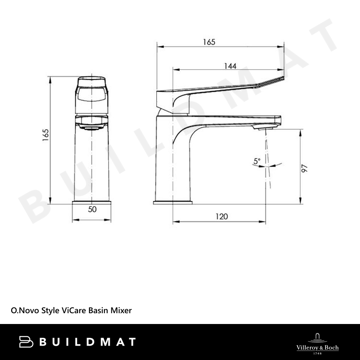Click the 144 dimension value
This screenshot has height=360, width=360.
coord(230,66)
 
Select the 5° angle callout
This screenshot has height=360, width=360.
coord(257,161)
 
